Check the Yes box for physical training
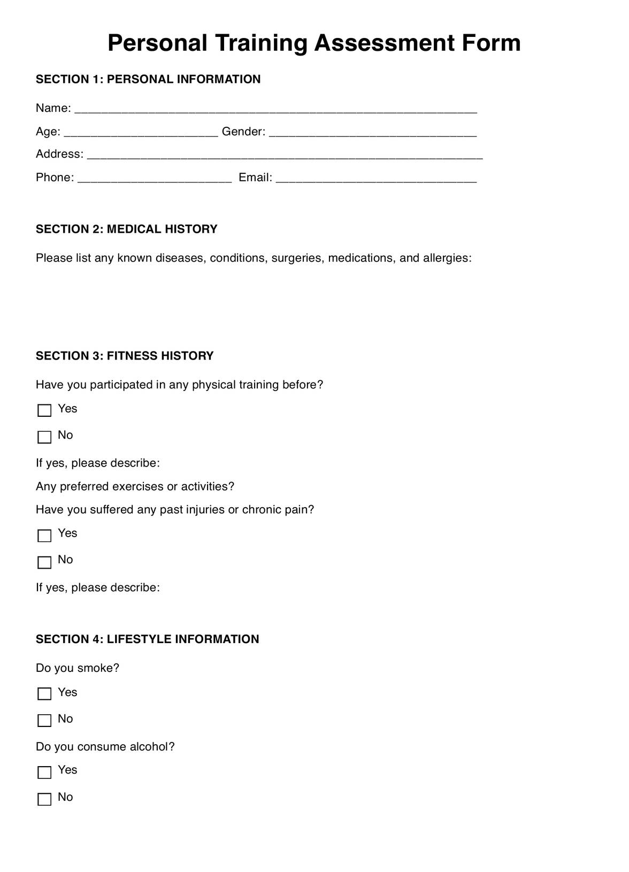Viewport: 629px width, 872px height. tap(44, 410)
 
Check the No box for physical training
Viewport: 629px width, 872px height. tap(44, 437)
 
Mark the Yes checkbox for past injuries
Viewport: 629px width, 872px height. tap(44, 536)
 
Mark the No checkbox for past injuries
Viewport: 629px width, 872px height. tap(44, 562)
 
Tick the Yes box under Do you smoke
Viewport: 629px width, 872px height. tap(44, 694)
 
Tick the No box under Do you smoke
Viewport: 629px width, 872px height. tap(44, 721)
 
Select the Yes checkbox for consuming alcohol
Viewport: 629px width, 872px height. tap(44, 772)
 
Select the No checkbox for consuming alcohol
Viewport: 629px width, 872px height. tap(44, 799)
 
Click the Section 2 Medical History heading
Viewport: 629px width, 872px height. tap(127, 229)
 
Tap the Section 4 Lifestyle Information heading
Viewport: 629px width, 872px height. tap(147, 639)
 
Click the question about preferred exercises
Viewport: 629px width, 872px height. tap(135, 486)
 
